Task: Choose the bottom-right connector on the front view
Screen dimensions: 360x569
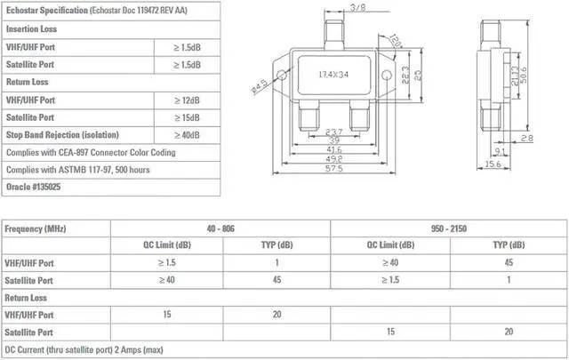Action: (360, 116)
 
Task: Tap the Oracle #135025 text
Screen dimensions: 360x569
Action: (32, 188)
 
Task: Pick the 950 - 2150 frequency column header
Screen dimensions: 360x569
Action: (447, 228)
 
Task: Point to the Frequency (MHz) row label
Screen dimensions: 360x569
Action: (36, 229)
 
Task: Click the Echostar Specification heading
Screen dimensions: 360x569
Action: (44, 11)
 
